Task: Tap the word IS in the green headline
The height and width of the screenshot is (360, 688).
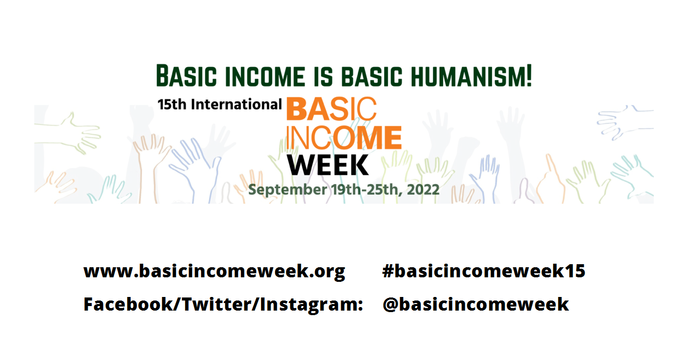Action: pos(324,76)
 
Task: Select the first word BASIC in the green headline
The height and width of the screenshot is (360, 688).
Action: pos(186,76)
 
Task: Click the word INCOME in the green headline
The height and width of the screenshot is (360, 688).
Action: pos(265,76)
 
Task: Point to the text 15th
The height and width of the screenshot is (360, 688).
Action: pos(172,104)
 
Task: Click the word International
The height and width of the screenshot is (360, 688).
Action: pos(236,104)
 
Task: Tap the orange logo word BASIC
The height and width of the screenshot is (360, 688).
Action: pos(332,108)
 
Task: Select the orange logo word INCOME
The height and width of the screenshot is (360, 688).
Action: pos(344,137)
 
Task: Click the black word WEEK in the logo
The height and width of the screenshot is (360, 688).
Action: pos(328,165)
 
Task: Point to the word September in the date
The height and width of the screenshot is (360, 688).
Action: pos(287,190)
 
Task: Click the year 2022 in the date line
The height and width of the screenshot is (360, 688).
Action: pos(423,190)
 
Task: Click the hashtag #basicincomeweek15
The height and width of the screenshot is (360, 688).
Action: pos(484,271)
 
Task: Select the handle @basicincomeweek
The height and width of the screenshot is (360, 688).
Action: pos(476,305)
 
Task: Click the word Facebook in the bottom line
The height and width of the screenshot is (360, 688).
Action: pos(129,305)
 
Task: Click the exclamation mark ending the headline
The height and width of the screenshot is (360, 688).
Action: pos(529,76)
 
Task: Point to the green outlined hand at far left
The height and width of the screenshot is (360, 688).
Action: pos(68,133)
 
